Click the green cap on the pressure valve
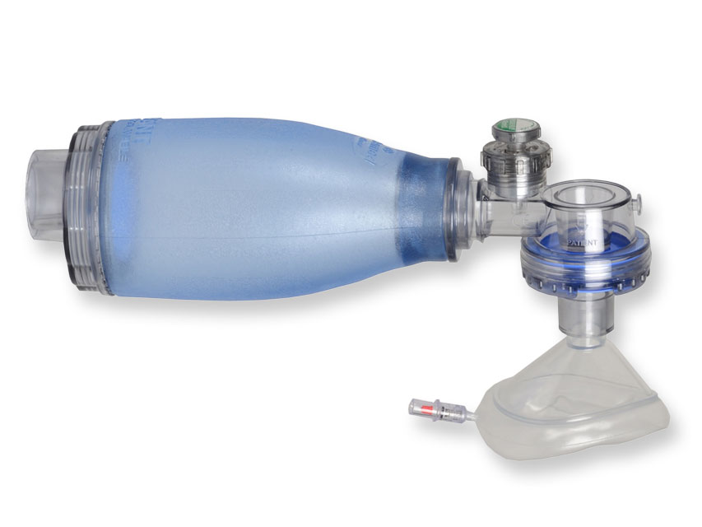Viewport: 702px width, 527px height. (508, 131)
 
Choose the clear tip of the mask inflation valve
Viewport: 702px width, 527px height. (411, 407)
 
